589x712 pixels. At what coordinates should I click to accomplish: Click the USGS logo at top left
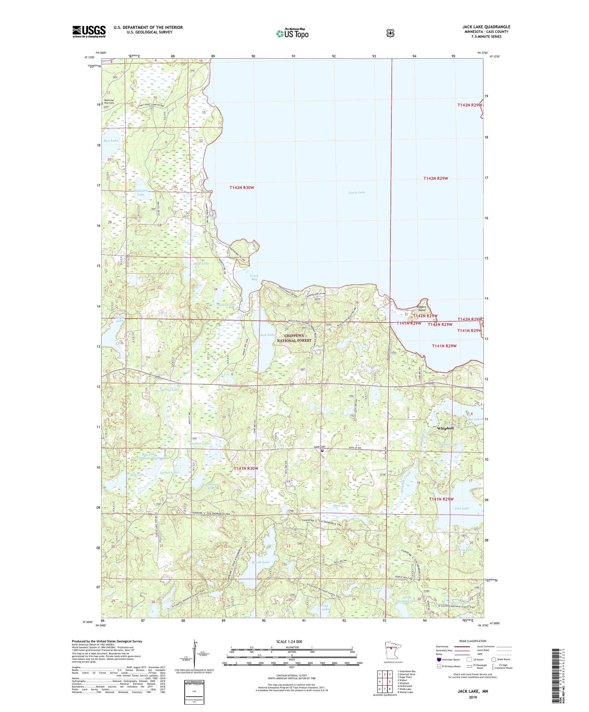(x=89, y=31)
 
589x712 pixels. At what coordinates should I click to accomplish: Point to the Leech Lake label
(x=357, y=192)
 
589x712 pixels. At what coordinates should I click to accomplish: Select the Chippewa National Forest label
(x=294, y=338)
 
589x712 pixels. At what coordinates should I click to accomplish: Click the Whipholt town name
(x=445, y=428)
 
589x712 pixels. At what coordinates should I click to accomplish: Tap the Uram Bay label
(x=254, y=277)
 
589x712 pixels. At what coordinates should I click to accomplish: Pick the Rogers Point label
(x=421, y=308)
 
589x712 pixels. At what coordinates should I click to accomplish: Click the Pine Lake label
(x=462, y=509)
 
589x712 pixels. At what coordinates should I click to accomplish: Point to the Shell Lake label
(x=340, y=506)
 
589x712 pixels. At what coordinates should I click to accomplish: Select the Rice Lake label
(x=110, y=141)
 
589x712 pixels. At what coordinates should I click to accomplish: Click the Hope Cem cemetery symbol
(x=322, y=451)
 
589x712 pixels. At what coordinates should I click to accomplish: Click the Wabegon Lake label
(x=140, y=192)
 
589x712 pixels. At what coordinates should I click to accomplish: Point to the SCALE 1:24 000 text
(x=289, y=641)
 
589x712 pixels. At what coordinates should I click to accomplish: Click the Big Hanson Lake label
(x=211, y=486)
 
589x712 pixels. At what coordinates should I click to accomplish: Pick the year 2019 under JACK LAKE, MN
(x=472, y=697)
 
